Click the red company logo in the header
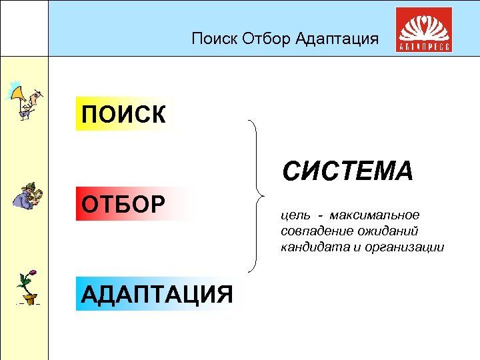pos(423,30)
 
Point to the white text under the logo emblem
pos(423,47)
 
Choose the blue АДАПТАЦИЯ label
pos(157,294)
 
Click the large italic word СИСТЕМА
pos(347,171)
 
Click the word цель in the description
pos(294,215)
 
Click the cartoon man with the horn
pos(25,100)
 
